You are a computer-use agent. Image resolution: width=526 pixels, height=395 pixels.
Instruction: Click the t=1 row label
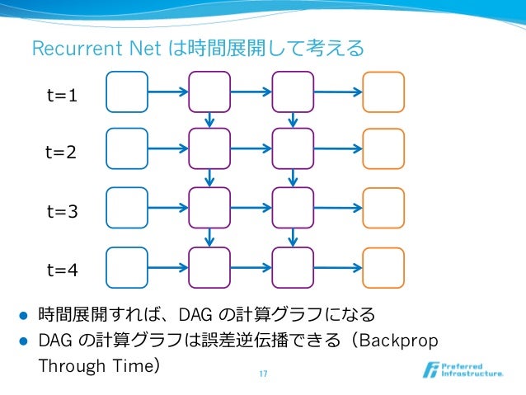pyautogui.click(x=62, y=96)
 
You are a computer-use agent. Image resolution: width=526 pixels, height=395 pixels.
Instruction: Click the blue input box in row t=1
pyautogui.click(x=127, y=92)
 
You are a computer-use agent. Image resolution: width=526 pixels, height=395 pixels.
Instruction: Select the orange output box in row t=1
pyautogui.click(x=383, y=92)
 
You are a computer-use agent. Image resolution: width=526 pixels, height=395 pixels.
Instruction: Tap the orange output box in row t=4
pyautogui.click(x=383, y=268)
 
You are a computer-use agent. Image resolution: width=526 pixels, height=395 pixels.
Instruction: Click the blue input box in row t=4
pyautogui.click(x=127, y=268)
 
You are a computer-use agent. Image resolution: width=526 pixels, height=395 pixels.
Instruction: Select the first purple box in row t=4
pyautogui.click(x=210, y=268)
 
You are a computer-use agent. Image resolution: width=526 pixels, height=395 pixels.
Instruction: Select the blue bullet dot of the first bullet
pyautogui.click(x=24, y=315)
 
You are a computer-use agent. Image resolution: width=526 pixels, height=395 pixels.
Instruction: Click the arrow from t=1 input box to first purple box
pyautogui.click(x=168, y=92)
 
